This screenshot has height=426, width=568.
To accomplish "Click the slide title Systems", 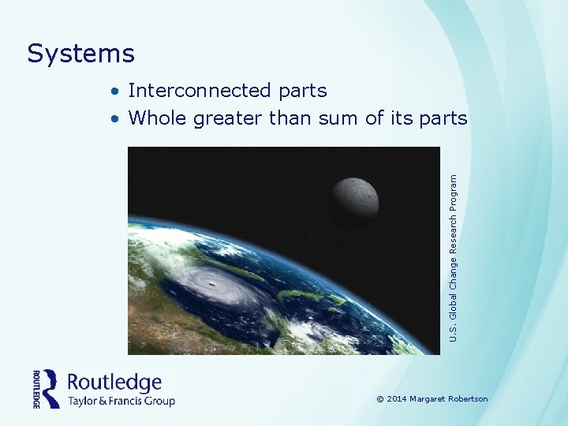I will tap(80, 54).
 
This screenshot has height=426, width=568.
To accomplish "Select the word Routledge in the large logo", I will tap(114, 383).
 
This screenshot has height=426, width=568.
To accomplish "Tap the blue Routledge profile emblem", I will tap(51, 388).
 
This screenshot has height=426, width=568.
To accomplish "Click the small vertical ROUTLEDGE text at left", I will tap(36, 389).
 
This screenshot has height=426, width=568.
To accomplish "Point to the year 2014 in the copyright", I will tap(397, 399).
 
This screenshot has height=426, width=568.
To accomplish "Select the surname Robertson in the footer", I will tap(469, 399).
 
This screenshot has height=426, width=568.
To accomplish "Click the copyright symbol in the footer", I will tap(380, 399).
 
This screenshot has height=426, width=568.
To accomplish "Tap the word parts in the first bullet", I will tap(302, 92).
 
